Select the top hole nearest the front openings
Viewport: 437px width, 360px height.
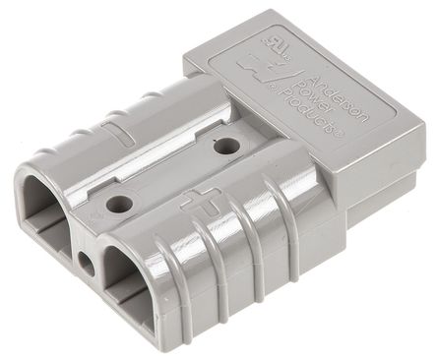point(121,205)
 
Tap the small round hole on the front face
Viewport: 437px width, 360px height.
point(87,264)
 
